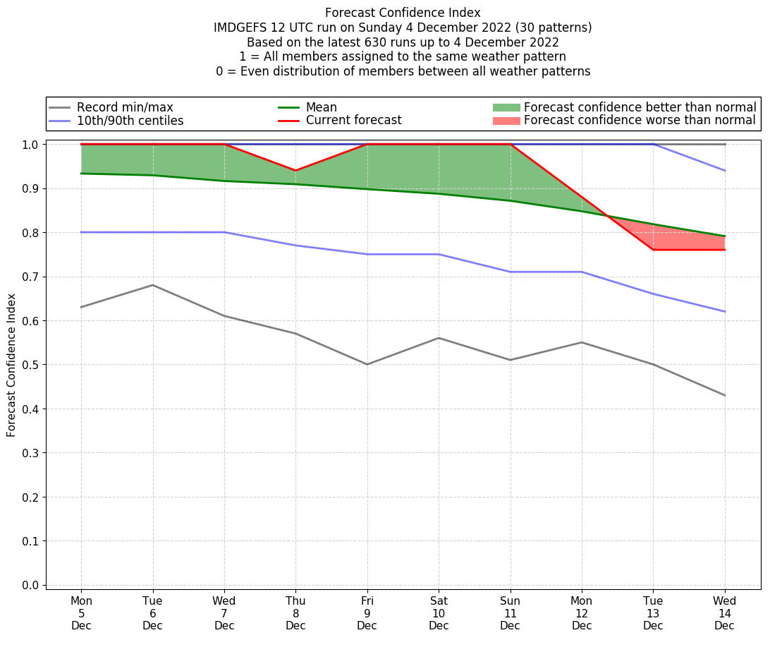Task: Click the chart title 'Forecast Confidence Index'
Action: pyautogui.click(x=403, y=13)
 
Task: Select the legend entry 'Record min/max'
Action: pyautogui.click(x=124, y=107)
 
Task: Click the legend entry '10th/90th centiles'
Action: pyautogui.click(x=130, y=121)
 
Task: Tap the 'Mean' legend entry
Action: pyautogui.click(x=321, y=107)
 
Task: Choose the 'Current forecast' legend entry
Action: pyautogui.click(x=353, y=121)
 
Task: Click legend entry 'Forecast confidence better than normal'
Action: pyautogui.click(x=640, y=107)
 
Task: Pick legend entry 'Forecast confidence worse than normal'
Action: pyautogui.click(x=640, y=121)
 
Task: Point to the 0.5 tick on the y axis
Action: pyautogui.click(x=32, y=365)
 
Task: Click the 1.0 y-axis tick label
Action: pyautogui.click(x=32, y=144)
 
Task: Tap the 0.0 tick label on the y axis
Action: pyautogui.click(x=32, y=585)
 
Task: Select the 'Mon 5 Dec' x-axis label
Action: pyautogui.click(x=81, y=612)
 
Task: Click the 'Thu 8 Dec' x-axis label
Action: pyautogui.click(x=295, y=612)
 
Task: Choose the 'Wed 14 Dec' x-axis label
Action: pyautogui.click(x=724, y=612)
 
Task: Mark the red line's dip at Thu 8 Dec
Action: pyautogui.click(x=295, y=171)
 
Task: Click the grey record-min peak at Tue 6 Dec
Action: pyautogui.click(x=152, y=285)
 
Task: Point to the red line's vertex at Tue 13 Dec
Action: pyautogui.click(x=653, y=250)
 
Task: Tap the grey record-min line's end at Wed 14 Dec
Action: pyautogui.click(x=724, y=395)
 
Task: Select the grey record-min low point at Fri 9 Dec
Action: pyautogui.click(x=367, y=364)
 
